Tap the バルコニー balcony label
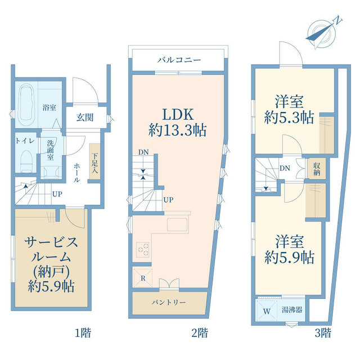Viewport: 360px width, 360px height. click(x=179, y=60)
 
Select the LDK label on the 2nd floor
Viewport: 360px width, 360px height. click(x=177, y=111)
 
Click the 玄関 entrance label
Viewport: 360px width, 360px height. click(x=85, y=118)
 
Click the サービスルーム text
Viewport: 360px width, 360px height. click(x=51, y=242)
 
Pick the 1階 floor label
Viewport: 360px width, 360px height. click(x=82, y=333)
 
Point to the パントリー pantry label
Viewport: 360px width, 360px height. click(x=169, y=302)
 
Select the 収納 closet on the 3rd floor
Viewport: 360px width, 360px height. click(x=317, y=169)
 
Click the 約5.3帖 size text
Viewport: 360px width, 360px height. click(x=289, y=118)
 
